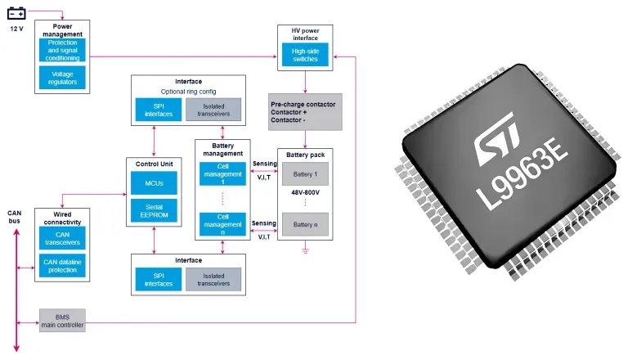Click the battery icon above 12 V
click(16, 12)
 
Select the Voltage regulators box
click(62, 78)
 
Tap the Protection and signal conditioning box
click(62, 50)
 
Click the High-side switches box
click(304, 55)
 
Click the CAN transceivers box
click(61, 237)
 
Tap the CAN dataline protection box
click(61, 265)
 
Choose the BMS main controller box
click(61, 321)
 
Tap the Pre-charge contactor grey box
click(304, 112)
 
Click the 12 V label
click(16, 29)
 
